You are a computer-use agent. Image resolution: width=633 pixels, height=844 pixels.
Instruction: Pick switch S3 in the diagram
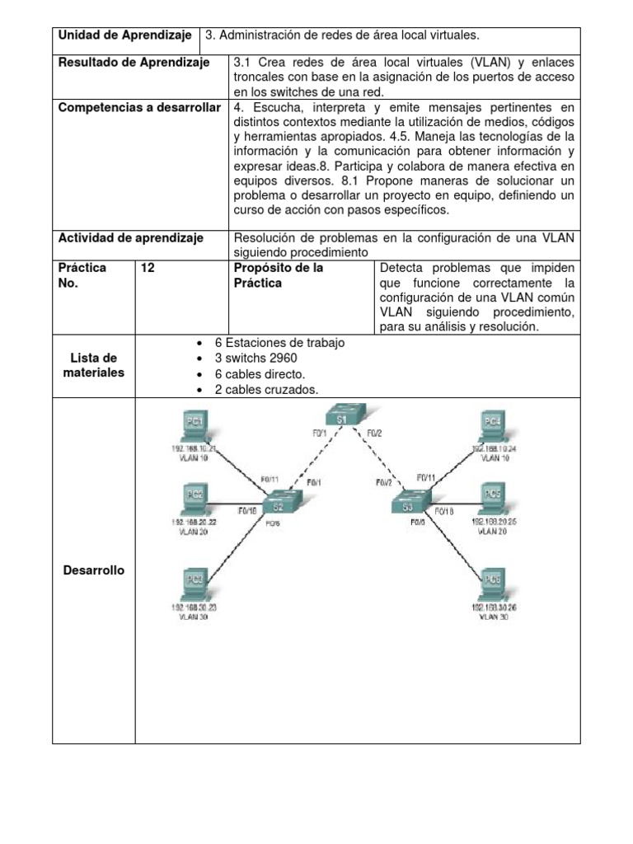tap(409, 503)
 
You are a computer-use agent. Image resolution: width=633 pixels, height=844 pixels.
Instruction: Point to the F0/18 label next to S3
tap(443, 511)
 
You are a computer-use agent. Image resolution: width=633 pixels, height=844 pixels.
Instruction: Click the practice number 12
tap(148, 269)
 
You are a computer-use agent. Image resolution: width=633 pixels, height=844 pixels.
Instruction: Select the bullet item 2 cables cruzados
tap(265, 389)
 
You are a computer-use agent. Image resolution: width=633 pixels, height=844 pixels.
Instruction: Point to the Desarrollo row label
tap(93, 570)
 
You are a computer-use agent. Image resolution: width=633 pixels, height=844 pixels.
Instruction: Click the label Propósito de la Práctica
tap(279, 275)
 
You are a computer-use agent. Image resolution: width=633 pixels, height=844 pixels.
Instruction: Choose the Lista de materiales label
tap(93, 365)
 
